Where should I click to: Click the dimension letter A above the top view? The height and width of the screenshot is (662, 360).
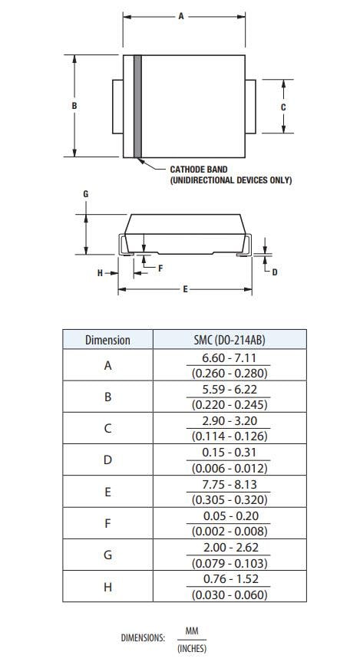(181, 16)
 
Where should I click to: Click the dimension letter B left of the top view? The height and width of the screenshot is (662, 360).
(74, 106)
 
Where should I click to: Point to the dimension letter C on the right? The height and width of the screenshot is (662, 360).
(282, 107)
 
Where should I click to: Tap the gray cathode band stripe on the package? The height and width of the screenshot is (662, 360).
(138, 107)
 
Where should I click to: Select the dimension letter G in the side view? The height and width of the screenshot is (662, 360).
(86, 195)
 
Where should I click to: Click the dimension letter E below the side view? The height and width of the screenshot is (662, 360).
(185, 289)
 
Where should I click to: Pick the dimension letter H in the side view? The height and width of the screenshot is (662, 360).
(100, 273)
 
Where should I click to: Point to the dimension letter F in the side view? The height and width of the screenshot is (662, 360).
(160, 268)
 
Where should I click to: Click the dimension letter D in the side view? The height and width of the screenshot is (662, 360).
(275, 272)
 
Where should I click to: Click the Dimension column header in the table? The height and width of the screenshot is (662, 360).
(107, 340)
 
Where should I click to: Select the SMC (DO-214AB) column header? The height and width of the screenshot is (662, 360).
(230, 340)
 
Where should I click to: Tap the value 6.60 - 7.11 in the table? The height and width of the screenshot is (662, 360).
(230, 358)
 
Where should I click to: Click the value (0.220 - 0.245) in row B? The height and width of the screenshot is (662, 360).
(230, 405)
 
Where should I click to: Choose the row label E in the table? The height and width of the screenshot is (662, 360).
(107, 492)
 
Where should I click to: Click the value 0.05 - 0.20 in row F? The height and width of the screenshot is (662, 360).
(230, 516)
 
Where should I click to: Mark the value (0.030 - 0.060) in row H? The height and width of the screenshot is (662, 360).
(230, 594)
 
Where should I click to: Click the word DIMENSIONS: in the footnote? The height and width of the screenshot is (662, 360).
(143, 637)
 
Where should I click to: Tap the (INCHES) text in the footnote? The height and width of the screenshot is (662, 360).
(192, 648)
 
